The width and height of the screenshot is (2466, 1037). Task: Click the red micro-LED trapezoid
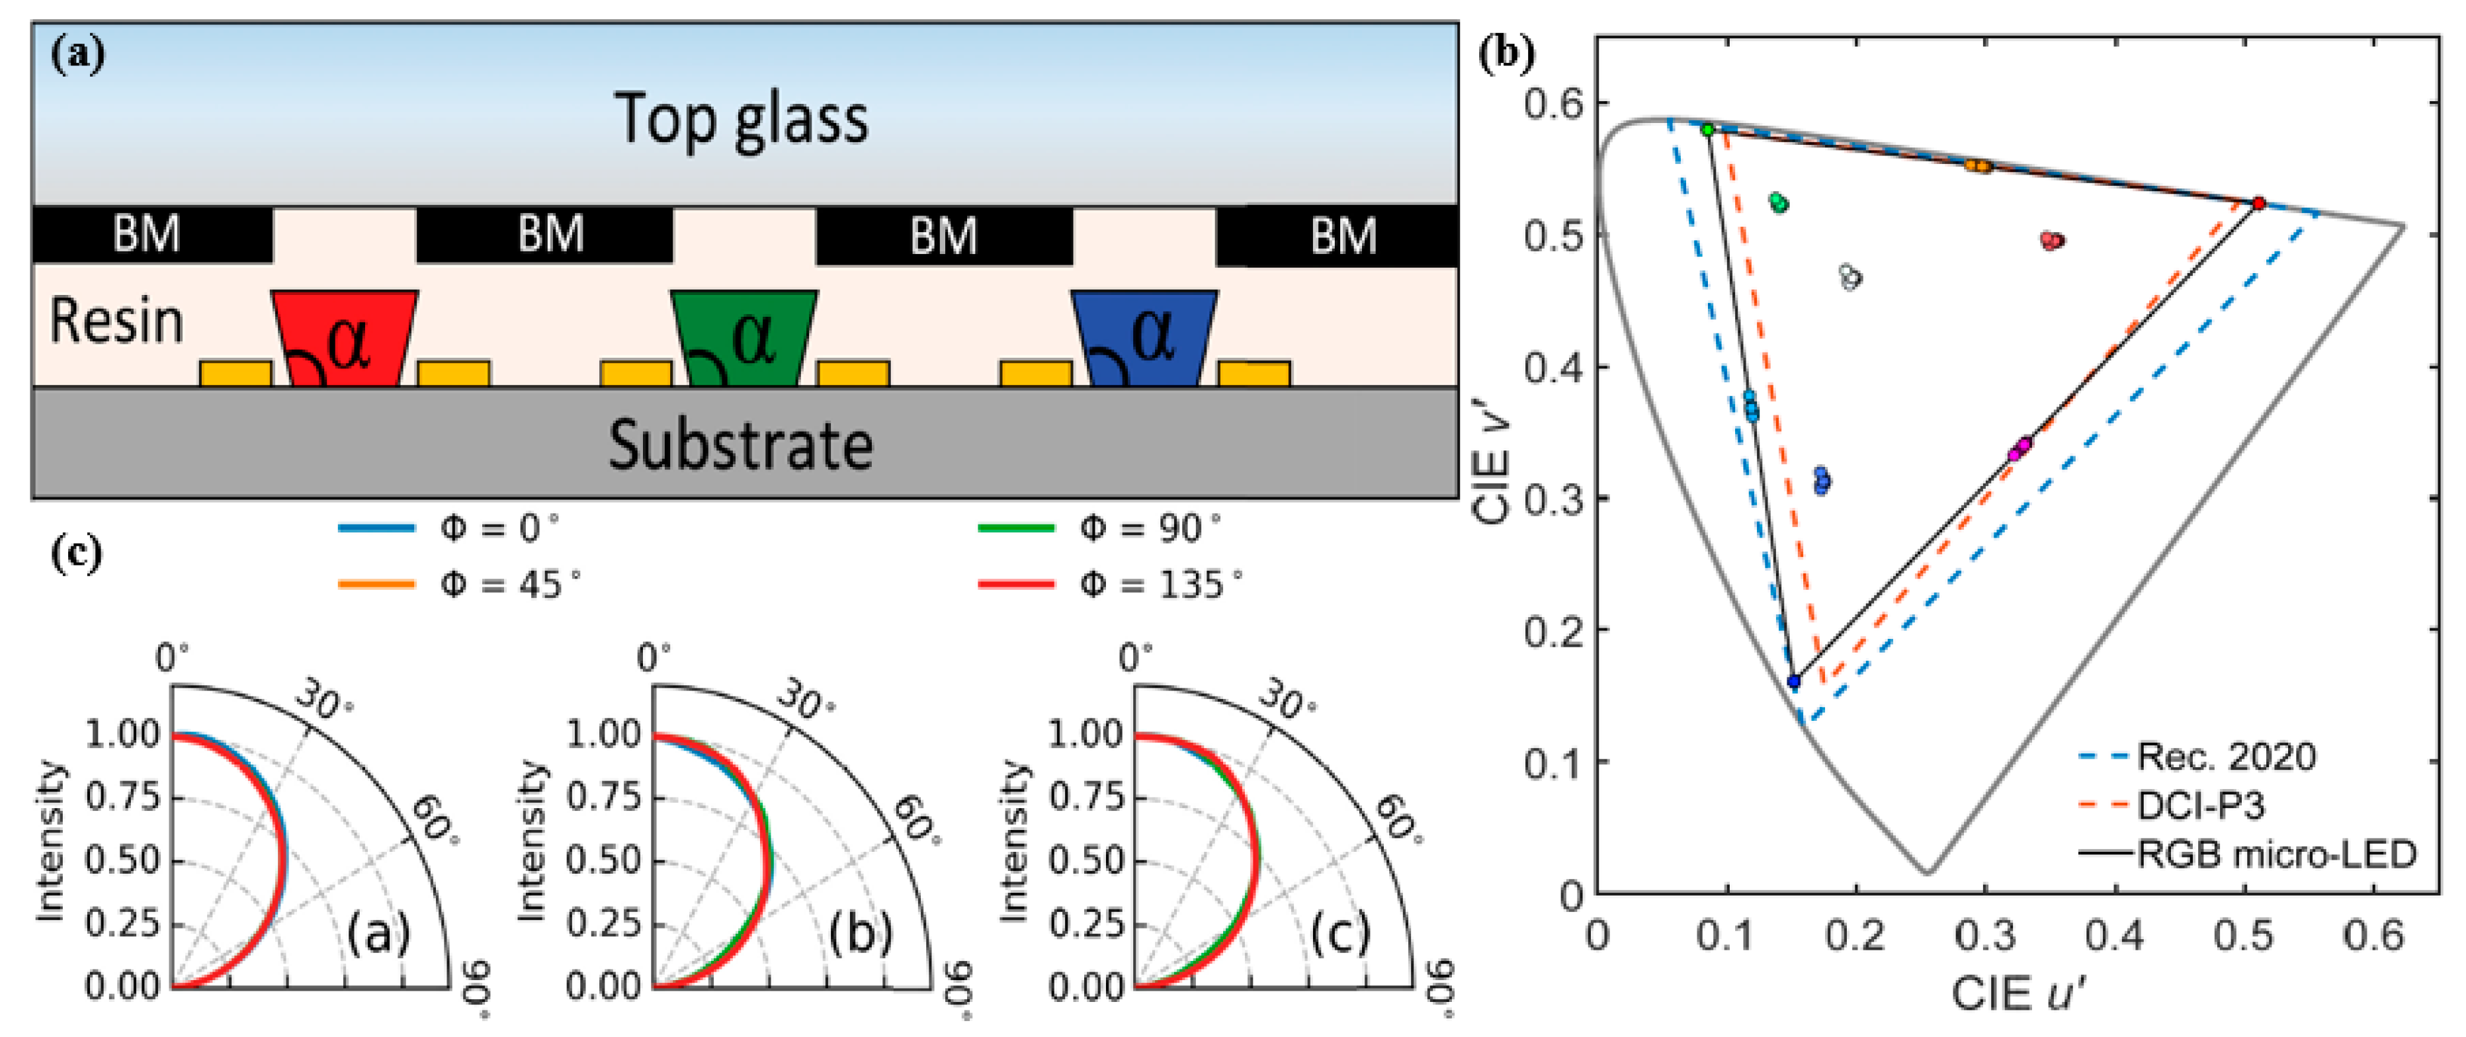[x=345, y=337]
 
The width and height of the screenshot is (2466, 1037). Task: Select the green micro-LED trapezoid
[x=744, y=337]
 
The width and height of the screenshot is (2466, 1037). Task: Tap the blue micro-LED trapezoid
[x=1144, y=337]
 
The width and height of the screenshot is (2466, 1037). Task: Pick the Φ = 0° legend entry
[x=498, y=528]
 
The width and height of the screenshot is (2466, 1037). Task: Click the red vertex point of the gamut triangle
[x=2258, y=203]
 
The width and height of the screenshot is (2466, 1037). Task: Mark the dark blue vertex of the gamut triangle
[x=1793, y=682]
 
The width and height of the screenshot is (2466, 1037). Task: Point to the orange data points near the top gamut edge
[x=1978, y=165]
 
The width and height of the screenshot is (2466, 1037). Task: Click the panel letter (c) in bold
[x=77, y=554]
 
